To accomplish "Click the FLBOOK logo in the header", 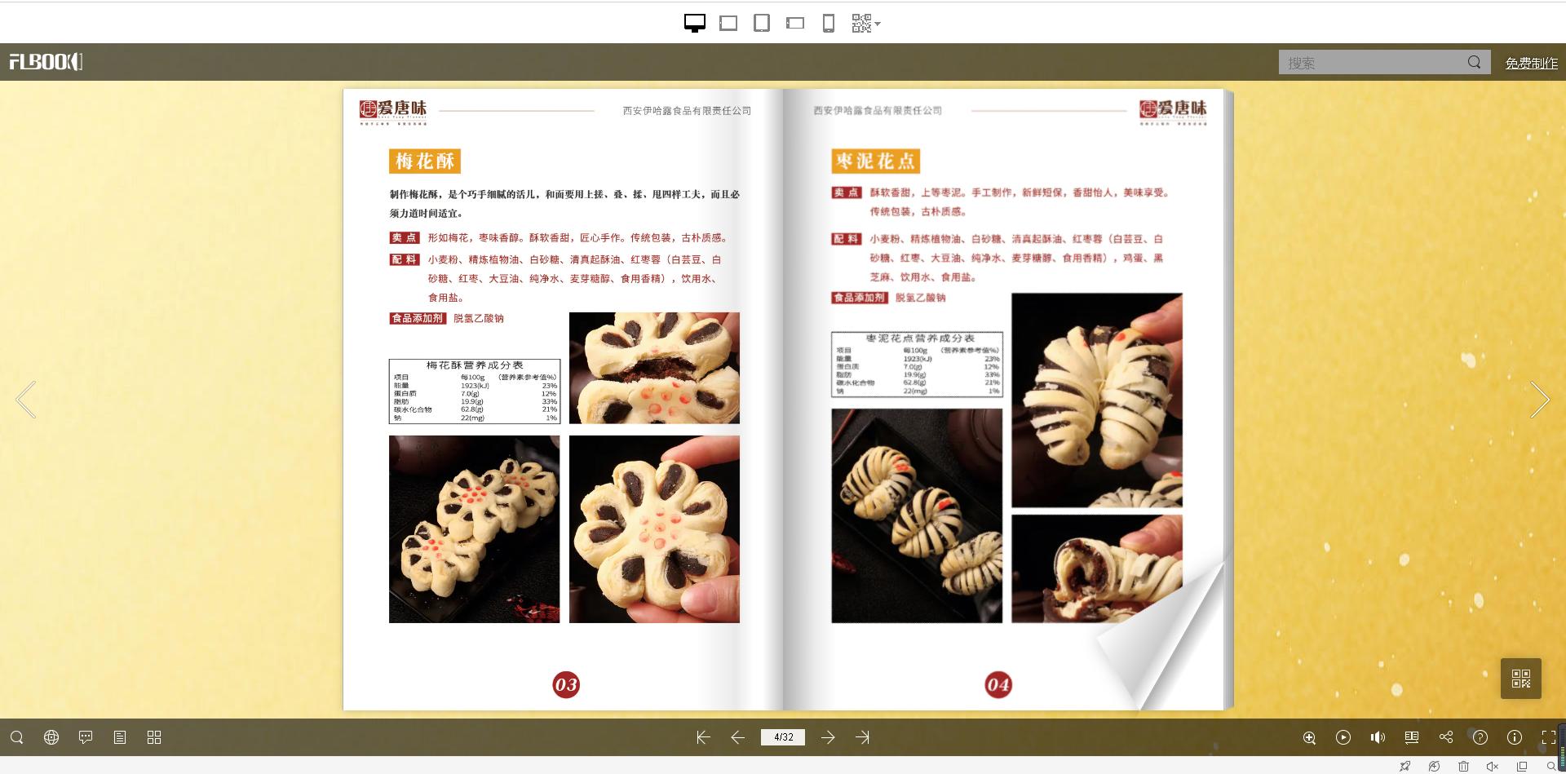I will pyautogui.click(x=46, y=62).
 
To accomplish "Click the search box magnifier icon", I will pyautogui.click(x=1474, y=62).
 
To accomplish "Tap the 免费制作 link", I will pyautogui.click(x=1531, y=63).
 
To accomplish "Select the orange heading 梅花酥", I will pyautogui.click(x=425, y=161).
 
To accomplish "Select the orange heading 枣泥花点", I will pyautogui.click(x=875, y=161).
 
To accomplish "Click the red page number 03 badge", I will pyautogui.click(x=566, y=684).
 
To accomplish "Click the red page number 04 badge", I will pyautogui.click(x=998, y=684).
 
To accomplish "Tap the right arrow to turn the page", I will pyautogui.click(x=1539, y=400).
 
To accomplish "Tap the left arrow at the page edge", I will pyautogui.click(x=26, y=400).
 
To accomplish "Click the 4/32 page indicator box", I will pyautogui.click(x=783, y=737).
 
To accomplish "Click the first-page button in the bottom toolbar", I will pyautogui.click(x=703, y=737).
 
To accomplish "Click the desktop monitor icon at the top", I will pyautogui.click(x=694, y=23).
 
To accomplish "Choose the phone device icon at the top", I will pyautogui.click(x=828, y=23).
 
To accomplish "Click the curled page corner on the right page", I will pyautogui.click(x=1166, y=636).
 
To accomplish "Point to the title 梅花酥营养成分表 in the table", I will pyautogui.click(x=475, y=365).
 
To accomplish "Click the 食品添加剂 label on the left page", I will pyautogui.click(x=417, y=318).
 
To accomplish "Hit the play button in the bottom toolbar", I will pyautogui.click(x=1343, y=737).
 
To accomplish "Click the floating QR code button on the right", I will pyautogui.click(x=1520, y=678).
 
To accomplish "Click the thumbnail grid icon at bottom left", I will pyautogui.click(x=154, y=737).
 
